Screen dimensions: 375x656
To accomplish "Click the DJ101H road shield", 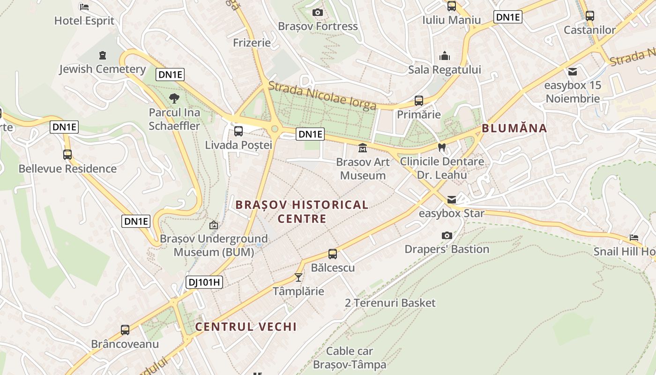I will [x=204, y=282].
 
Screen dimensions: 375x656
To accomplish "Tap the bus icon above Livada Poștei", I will [x=239, y=131].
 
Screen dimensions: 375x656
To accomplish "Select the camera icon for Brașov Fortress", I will [x=318, y=12].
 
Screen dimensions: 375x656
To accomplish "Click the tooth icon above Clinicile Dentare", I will [x=441, y=147].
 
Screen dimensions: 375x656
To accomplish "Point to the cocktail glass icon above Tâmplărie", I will [x=298, y=277].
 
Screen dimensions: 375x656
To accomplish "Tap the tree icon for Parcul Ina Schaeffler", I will [x=174, y=98].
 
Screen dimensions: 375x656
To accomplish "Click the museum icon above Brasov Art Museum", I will [x=363, y=148].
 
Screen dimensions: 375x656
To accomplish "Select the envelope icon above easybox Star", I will [x=451, y=200].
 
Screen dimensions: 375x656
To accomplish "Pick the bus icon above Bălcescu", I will [x=333, y=254].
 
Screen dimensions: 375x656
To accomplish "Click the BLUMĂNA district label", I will [x=514, y=128].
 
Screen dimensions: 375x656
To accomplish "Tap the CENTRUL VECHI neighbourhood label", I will [x=246, y=327].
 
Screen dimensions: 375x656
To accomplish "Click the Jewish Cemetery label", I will [x=103, y=69].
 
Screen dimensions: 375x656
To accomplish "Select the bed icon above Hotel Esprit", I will [x=84, y=7].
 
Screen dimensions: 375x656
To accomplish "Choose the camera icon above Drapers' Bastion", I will [x=447, y=235].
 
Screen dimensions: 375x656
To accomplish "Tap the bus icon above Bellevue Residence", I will [x=67, y=154].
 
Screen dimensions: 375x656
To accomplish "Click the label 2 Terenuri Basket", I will [x=390, y=303].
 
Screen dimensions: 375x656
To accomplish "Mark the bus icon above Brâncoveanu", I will [x=125, y=330].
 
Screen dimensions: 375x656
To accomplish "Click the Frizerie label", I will [x=252, y=43].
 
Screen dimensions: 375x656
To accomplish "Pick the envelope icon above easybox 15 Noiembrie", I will [x=572, y=72].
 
